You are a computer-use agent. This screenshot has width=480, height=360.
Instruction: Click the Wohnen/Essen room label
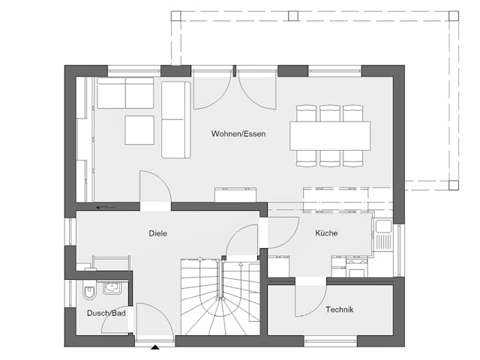(x=238, y=134)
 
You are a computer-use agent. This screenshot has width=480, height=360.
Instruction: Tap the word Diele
(x=157, y=233)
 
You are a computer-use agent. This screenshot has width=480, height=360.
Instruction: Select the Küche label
(x=325, y=233)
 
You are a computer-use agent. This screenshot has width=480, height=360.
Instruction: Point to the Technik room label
(x=340, y=309)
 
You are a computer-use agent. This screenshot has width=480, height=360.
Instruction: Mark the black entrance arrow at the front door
(x=155, y=347)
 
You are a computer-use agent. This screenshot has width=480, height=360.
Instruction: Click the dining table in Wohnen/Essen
(x=331, y=136)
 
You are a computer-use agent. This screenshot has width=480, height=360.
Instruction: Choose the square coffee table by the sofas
(x=139, y=129)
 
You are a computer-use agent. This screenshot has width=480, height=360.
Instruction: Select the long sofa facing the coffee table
(x=176, y=119)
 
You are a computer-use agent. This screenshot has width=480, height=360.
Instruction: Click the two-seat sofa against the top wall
(x=124, y=93)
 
